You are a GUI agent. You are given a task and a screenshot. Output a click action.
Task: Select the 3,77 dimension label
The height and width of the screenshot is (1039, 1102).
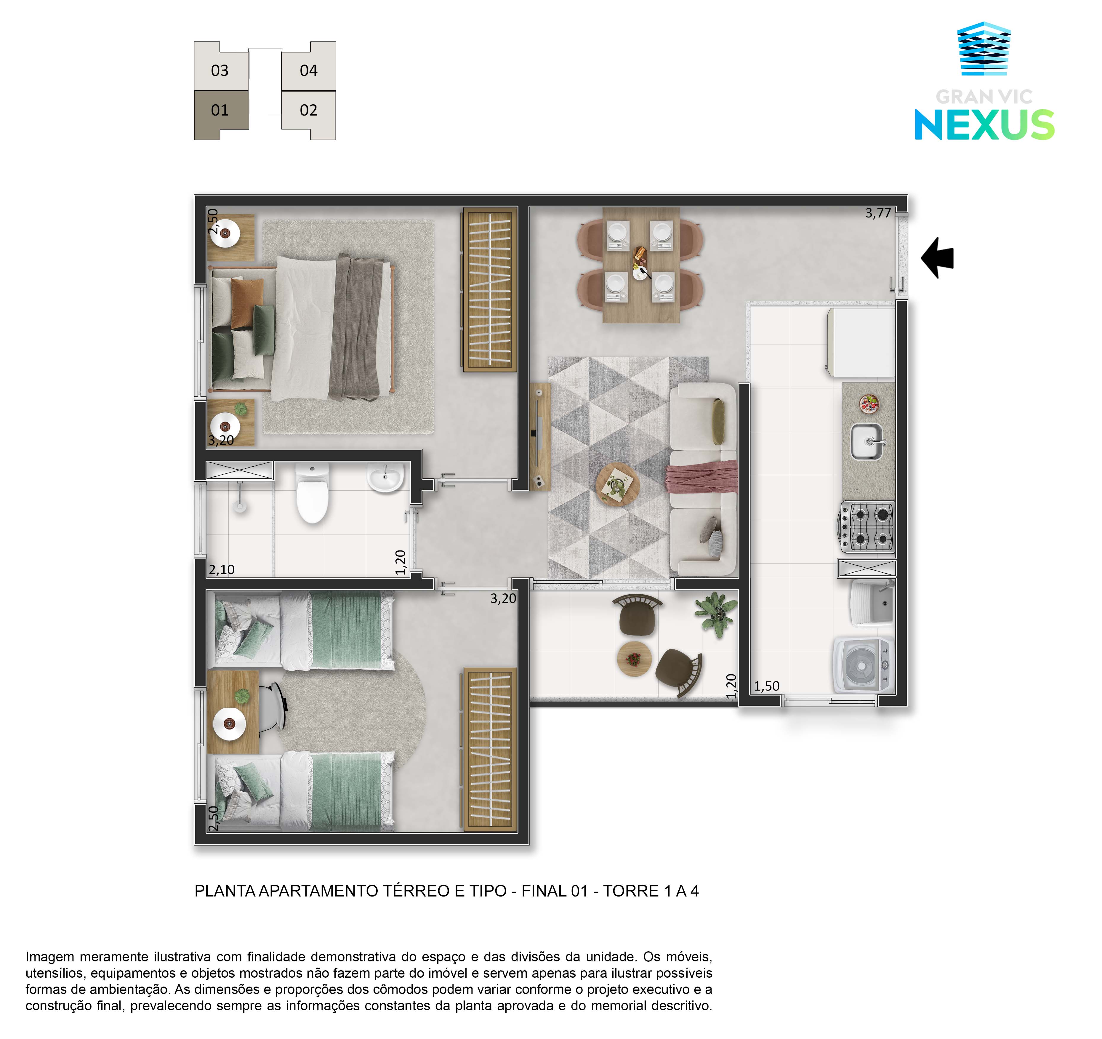tap(878, 213)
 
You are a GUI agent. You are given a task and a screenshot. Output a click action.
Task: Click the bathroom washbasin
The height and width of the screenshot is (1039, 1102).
tap(385, 478)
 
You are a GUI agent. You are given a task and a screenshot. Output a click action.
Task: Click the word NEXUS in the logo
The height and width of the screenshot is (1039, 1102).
tap(984, 125)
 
